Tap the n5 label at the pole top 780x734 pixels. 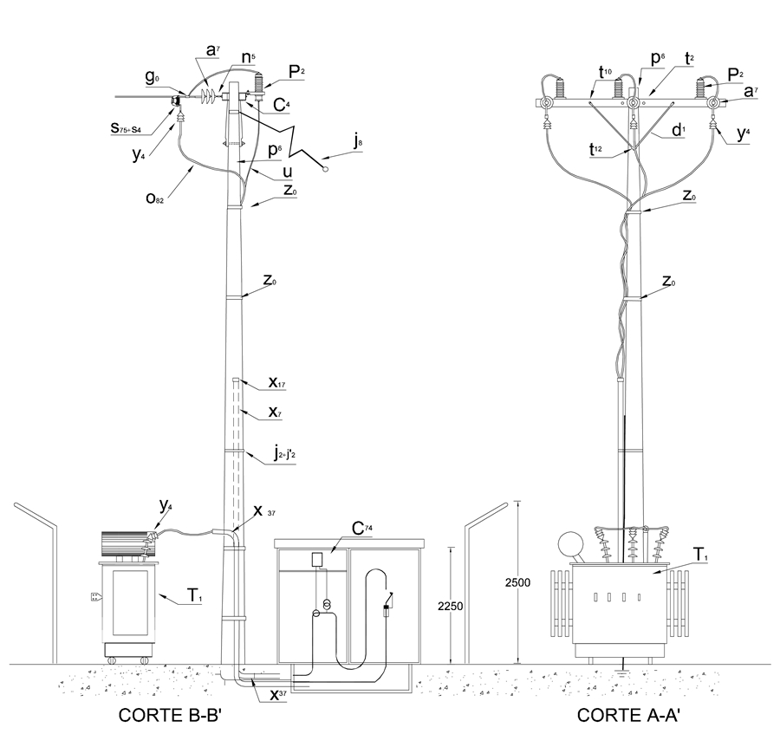[x=247, y=57]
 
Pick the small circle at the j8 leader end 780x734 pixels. [x=326, y=169]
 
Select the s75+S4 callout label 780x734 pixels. [x=126, y=128]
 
